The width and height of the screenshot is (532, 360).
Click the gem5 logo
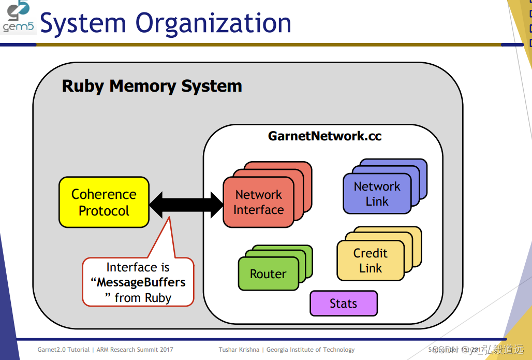coord(18,18)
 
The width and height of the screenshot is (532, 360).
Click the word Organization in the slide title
coord(213,24)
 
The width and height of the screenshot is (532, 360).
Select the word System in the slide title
coord(84,24)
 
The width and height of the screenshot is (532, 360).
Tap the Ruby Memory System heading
coord(152,86)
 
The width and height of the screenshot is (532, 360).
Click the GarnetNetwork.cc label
coord(324,136)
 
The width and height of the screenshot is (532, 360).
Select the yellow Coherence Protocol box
coord(104,203)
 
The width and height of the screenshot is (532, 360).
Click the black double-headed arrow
coord(186,205)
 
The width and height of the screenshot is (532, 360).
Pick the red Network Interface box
coord(258,203)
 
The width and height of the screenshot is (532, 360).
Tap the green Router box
coord(268,274)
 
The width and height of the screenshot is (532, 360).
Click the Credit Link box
coord(370,261)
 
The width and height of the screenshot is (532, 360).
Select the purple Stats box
coord(344,304)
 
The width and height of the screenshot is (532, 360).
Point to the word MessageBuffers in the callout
coord(141,283)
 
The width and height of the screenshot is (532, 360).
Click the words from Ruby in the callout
coord(143,298)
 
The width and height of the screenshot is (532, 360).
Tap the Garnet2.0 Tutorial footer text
coord(63,350)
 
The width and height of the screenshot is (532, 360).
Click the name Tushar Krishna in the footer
coord(239,350)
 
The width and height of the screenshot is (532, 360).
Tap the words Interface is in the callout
coord(138,267)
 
